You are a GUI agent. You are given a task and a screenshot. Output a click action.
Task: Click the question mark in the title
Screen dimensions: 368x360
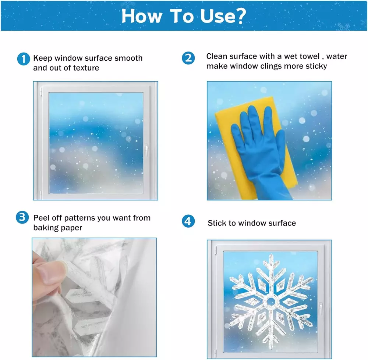click(x=240, y=16)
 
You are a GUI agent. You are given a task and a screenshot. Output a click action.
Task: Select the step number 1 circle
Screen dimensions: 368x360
click(x=24, y=58)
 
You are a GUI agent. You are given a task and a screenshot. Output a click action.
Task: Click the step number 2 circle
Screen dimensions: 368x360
click(x=188, y=58)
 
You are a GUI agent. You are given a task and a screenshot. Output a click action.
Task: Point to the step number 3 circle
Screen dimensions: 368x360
click(x=22, y=217)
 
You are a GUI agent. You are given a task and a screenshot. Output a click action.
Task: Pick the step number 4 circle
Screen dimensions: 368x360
click(x=188, y=221)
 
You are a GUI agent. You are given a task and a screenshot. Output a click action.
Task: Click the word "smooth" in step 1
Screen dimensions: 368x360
click(x=128, y=58)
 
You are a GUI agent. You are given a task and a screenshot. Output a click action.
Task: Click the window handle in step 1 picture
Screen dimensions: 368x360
click(x=146, y=150)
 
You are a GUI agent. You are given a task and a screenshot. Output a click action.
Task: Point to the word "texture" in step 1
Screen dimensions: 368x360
click(x=86, y=68)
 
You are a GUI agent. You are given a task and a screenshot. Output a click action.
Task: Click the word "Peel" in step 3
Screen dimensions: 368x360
click(x=41, y=218)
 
